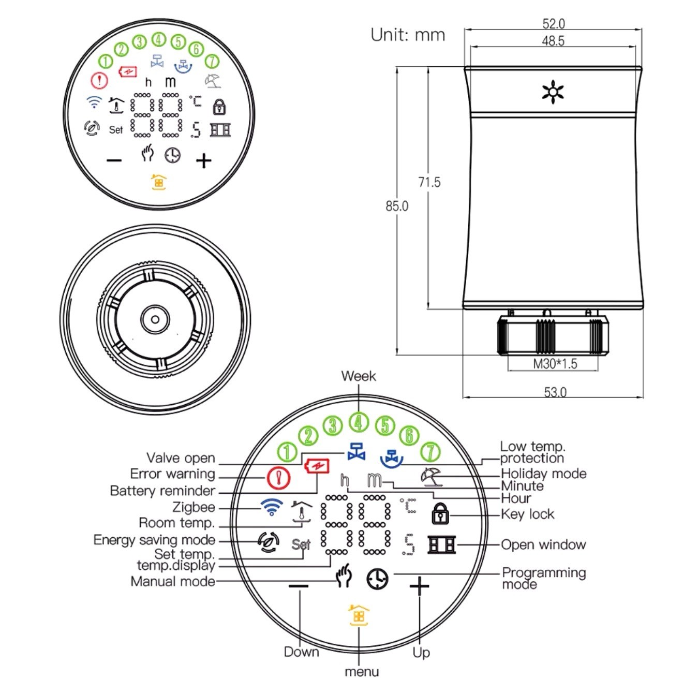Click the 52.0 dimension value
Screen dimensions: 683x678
pyautogui.click(x=553, y=24)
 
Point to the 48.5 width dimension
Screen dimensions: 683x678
pyautogui.click(x=553, y=41)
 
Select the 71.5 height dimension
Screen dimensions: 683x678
pyautogui.click(x=429, y=182)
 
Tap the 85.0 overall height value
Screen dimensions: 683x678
pyautogui.click(x=397, y=206)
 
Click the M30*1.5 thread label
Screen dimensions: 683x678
pyautogui.click(x=555, y=364)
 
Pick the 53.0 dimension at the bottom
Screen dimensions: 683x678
pyautogui.click(x=555, y=392)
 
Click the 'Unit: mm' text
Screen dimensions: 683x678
pyautogui.click(x=408, y=35)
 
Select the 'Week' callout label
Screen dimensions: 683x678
pyautogui.click(x=359, y=376)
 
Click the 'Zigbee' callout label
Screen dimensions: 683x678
pyautogui.click(x=194, y=507)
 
